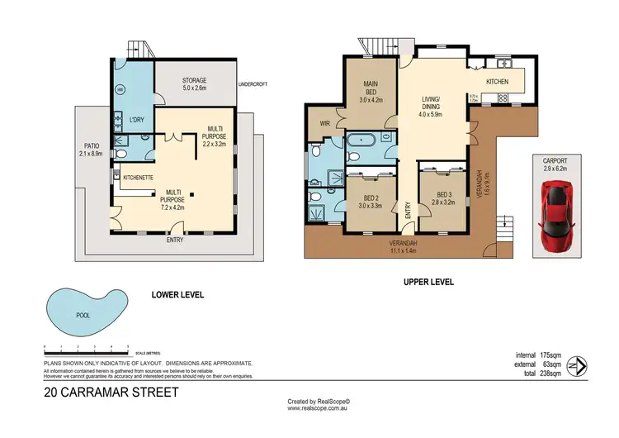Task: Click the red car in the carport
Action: click(x=557, y=217)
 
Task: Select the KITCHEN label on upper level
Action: click(x=498, y=82)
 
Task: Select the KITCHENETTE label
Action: click(x=139, y=178)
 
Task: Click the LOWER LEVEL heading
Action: click(x=177, y=294)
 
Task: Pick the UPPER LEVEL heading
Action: click(x=428, y=282)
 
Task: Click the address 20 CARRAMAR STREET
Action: click(x=111, y=393)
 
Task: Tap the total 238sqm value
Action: click(x=546, y=374)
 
